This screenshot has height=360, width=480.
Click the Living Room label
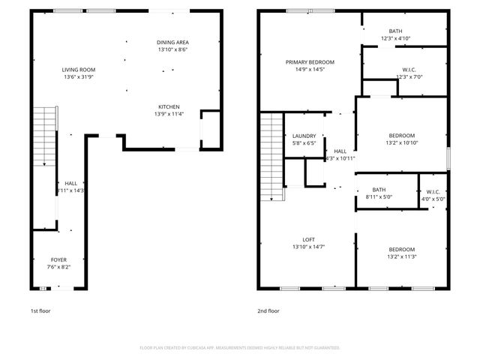click(79, 69)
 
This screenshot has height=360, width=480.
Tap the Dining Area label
click(172, 42)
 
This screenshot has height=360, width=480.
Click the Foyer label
click(58, 259)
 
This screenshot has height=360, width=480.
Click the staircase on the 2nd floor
click(272, 157)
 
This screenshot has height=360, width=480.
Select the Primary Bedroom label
click(310, 62)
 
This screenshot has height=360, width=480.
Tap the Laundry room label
click(304, 136)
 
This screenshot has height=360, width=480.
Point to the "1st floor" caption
click(40, 310)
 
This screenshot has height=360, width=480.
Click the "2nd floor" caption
click(268, 310)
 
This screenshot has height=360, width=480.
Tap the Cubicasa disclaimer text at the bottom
click(240, 348)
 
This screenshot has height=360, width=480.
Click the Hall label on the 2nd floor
click(340, 151)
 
